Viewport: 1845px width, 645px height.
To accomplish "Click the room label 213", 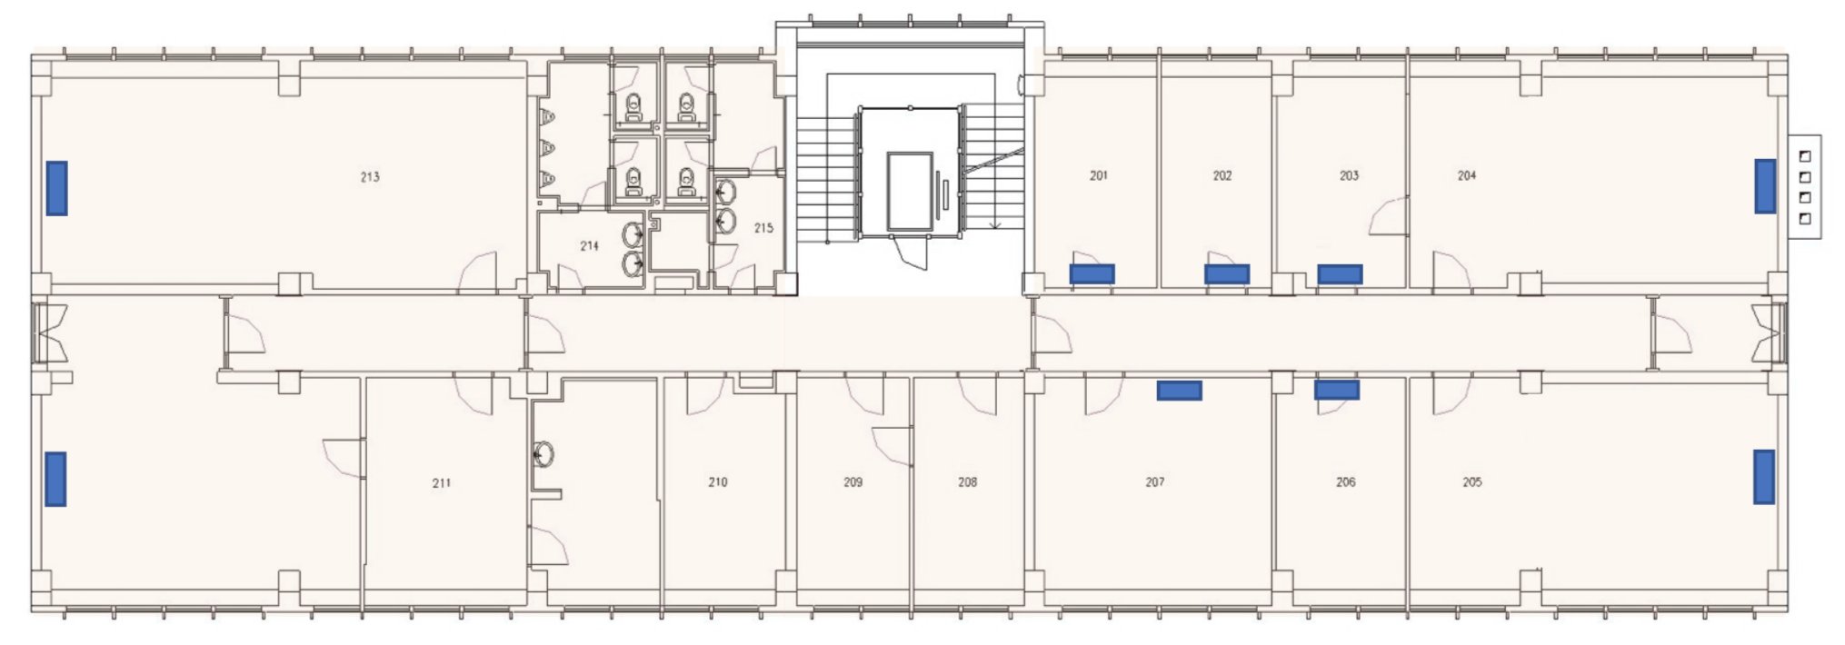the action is [370, 177].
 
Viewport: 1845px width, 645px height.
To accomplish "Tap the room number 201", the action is [1099, 175].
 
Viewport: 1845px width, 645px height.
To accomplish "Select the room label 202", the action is [1222, 175].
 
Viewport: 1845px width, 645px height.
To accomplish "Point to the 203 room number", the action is [1349, 175].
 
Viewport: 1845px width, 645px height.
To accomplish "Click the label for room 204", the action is [1467, 175].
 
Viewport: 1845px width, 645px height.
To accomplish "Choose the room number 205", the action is [1472, 481].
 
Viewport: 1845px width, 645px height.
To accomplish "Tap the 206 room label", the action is [1346, 481].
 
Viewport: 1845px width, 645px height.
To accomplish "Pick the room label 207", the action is [1155, 481].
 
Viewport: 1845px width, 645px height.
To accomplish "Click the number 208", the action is [968, 481].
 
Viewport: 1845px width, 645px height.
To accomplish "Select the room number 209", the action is [853, 481].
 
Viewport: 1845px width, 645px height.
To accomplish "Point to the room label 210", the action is [718, 481].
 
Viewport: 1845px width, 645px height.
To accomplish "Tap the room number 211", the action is [441, 483].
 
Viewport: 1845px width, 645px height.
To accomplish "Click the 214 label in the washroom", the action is [590, 245].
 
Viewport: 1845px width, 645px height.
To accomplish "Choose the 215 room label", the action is [763, 228].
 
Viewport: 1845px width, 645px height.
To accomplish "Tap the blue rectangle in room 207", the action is [1179, 391].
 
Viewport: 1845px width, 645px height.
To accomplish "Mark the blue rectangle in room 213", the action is [57, 188].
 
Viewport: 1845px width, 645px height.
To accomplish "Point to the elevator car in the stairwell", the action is [911, 192].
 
